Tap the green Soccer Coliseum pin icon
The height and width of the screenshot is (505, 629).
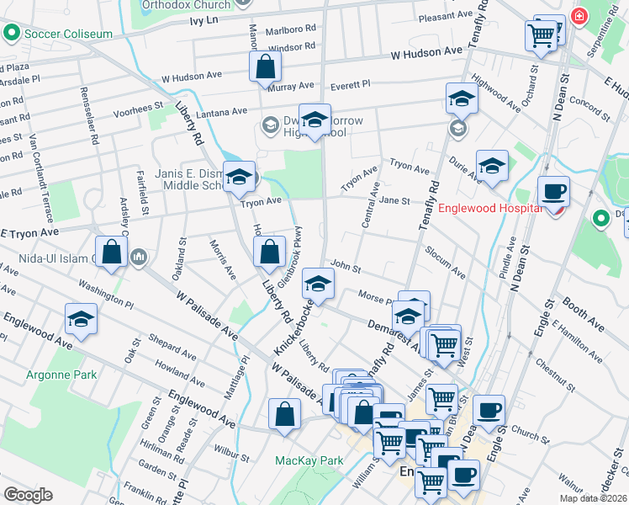tap(12, 34)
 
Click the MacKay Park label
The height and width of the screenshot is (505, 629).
tap(309, 460)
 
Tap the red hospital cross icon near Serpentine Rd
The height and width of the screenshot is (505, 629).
tap(578, 16)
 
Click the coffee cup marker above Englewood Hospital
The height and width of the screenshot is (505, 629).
tap(552, 191)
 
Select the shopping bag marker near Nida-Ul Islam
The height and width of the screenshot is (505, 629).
tap(111, 252)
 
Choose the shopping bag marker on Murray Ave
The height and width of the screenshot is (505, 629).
tap(265, 66)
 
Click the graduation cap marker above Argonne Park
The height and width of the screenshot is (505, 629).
tap(81, 319)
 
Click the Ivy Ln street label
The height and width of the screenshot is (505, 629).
tap(205, 19)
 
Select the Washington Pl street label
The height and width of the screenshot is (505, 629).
tap(108, 295)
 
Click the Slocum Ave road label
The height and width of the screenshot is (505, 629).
tap(445, 262)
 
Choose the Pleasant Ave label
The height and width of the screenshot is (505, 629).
tap(446, 16)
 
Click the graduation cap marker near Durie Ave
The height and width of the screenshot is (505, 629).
tap(492, 166)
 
